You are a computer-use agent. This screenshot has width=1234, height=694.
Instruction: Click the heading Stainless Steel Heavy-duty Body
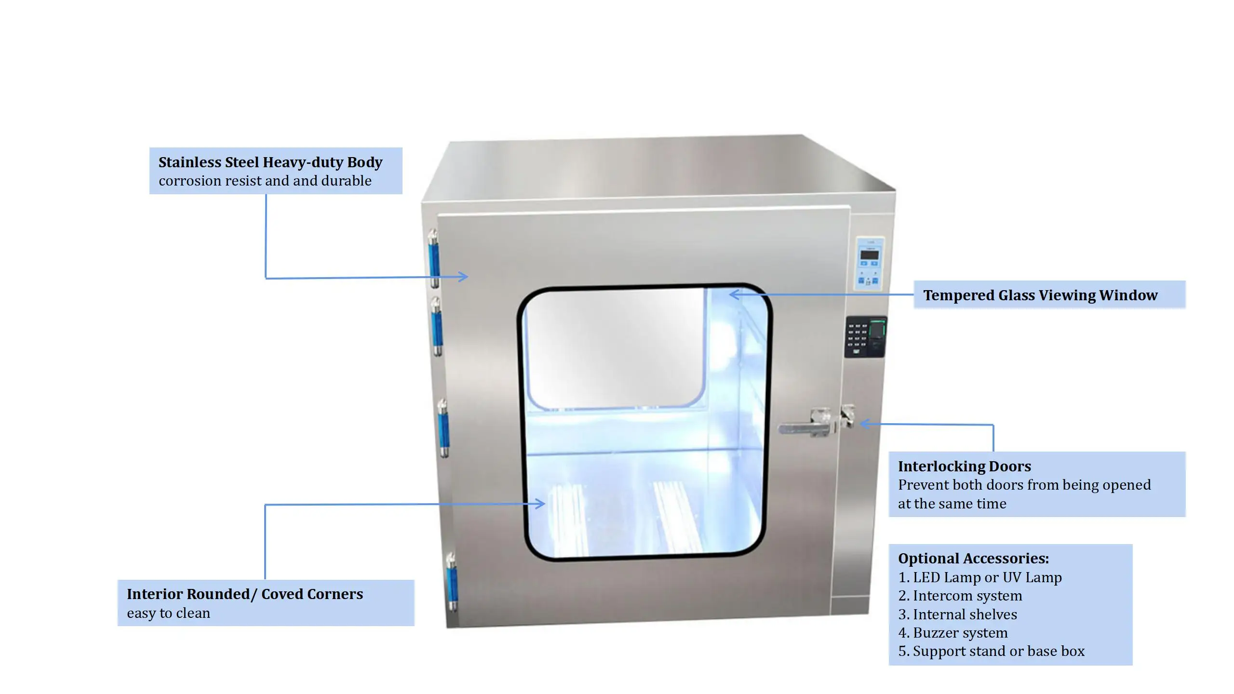coord(270,162)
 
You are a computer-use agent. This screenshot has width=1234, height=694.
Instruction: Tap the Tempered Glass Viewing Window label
coord(1040,295)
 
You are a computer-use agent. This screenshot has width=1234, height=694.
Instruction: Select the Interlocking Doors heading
coord(964,466)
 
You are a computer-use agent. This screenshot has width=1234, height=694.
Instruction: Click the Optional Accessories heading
coord(973,558)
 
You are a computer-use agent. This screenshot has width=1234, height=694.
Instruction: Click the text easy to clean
coord(168,613)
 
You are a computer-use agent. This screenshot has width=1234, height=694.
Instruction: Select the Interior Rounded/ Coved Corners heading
coord(245,594)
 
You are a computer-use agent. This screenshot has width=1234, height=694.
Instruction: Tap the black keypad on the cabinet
coord(865,336)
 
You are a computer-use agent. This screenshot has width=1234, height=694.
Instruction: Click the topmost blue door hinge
coord(434,259)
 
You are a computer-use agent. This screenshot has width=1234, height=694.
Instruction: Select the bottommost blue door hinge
coord(452,582)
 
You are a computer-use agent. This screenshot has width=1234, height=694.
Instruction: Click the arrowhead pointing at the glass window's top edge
coord(733,294)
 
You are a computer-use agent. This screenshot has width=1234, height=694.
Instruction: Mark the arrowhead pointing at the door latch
coord(864,424)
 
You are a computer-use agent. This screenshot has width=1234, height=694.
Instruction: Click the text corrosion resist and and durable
coord(265,181)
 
